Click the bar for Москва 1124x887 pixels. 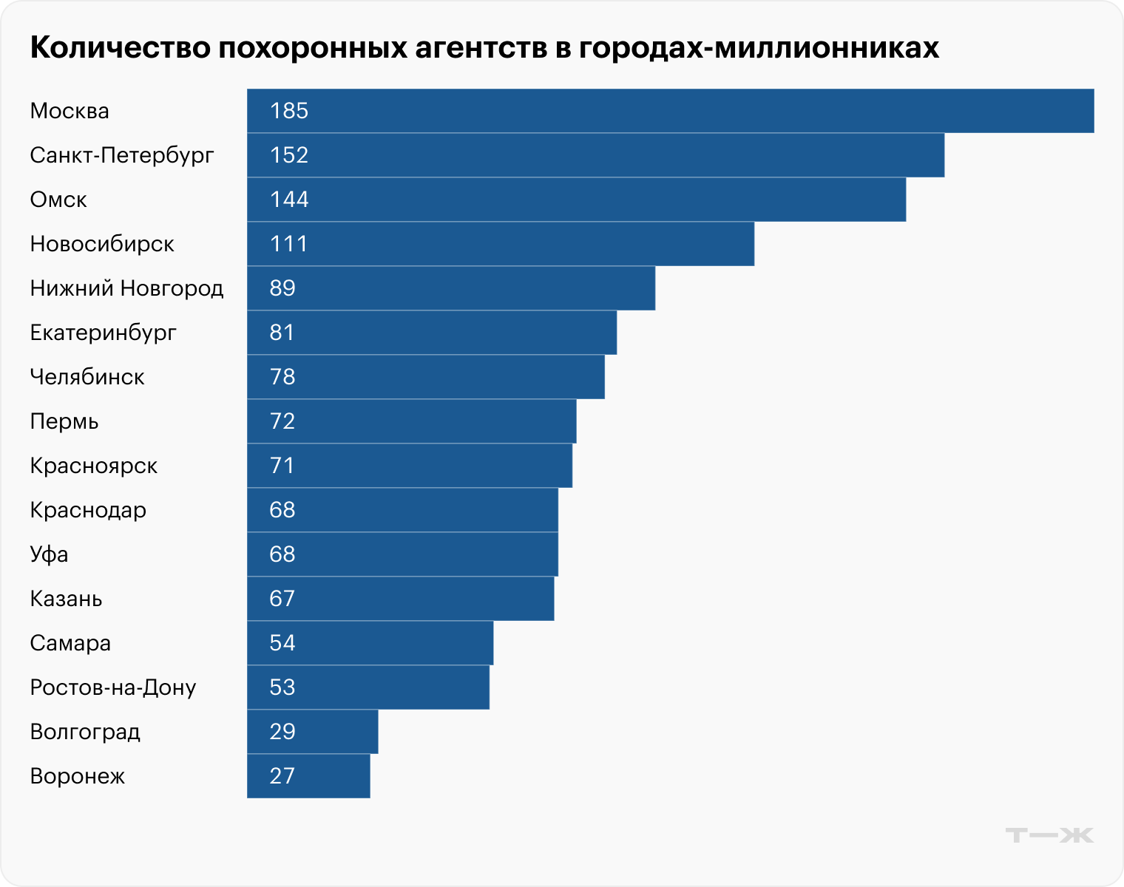tap(669, 111)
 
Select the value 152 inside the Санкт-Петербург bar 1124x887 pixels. tap(288, 155)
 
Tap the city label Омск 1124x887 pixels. tap(58, 200)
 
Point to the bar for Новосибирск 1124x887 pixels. tap(500, 244)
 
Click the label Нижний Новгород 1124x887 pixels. tap(126, 288)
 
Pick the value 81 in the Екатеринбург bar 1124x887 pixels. tap(282, 333)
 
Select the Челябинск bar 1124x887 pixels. tap(425, 377)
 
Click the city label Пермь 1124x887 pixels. tap(64, 421)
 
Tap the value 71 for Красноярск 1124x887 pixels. tap(282, 466)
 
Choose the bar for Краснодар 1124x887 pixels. tap(402, 510)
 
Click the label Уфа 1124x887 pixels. tap(49, 554)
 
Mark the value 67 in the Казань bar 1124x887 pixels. tap(282, 599)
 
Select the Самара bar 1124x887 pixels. tap(370, 643)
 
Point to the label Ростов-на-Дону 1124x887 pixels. tap(113, 687)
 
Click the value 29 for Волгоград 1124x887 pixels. tap(282, 732)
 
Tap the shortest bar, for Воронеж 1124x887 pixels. tap(308, 776)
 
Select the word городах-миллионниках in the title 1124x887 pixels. tap(759, 47)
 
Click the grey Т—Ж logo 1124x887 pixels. tap(1049, 835)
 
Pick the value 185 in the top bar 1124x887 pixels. tap(288, 111)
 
